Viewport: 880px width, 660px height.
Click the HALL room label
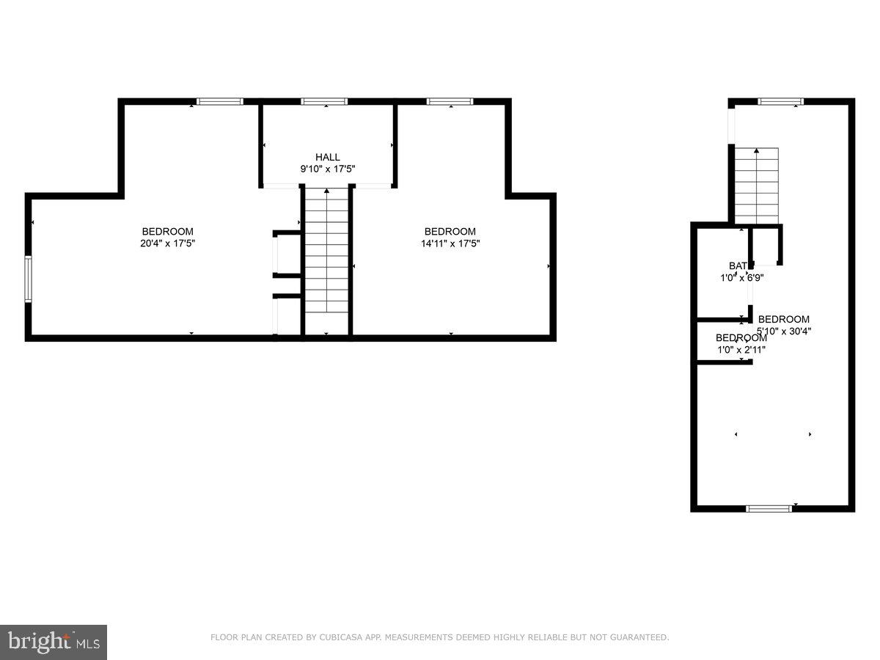328,157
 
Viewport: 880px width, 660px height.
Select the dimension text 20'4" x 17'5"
168,243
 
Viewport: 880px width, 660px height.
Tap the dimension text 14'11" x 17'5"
450,243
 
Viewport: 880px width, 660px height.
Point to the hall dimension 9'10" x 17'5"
328,169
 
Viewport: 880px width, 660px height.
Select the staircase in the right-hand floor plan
756,185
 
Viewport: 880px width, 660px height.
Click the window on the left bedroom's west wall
28,279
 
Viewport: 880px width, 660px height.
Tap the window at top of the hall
324,101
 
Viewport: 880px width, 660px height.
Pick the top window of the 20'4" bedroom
220,101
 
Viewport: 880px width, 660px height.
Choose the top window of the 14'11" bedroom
450,101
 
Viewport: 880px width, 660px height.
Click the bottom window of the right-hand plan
769,507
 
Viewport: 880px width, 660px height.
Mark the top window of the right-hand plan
780,101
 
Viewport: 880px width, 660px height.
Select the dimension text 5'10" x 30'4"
784,331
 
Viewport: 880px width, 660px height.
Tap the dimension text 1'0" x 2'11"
741,350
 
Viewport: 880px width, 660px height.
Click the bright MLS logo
54,642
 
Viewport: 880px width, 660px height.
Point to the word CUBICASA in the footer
339,637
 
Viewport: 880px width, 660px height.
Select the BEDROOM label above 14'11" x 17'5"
450,232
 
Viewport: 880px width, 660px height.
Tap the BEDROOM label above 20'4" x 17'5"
168,232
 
